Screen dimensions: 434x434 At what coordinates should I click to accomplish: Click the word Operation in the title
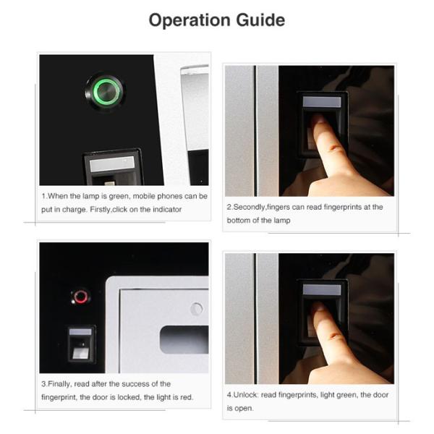(190, 21)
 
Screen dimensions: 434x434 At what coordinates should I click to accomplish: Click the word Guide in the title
(260, 20)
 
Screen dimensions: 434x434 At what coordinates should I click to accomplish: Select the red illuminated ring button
(80, 297)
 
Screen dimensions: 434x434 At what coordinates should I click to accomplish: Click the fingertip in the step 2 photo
(318, 119)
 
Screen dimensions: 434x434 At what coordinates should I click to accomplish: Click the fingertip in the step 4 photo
(318, 307)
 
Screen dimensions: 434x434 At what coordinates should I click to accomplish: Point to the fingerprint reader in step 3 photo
(82, 344)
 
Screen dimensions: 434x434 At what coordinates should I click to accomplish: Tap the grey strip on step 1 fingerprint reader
(112, 163)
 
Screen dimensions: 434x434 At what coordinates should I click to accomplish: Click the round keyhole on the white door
(197, 309)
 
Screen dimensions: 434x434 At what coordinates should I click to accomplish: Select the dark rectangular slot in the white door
(184, 340)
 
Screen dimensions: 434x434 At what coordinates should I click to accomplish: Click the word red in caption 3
(186, 397)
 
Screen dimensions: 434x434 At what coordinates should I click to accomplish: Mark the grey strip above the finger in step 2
(322, 102)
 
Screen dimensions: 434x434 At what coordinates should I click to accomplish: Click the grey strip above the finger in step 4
(322, 289)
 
